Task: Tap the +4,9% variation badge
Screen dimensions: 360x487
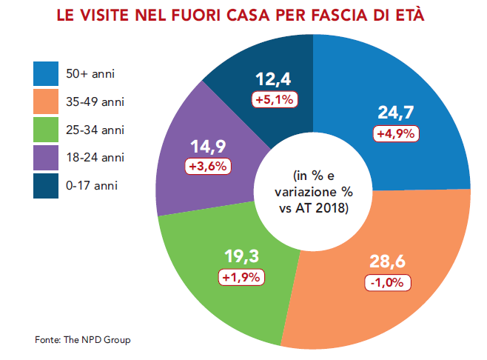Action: click(x=397, y=133)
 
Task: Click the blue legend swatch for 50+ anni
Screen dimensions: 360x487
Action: click(x=46, y=73)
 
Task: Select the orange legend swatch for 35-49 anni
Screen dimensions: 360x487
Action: click(x=46, y=101)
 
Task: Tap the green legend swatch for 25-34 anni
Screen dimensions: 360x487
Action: click(x=46, y=130)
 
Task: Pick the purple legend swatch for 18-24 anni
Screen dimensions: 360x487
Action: click(x=46, y=158)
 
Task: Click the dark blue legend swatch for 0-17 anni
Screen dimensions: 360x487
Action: click(x=46, y=186)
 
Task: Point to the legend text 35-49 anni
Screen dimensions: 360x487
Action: click(x=95, y=102)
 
